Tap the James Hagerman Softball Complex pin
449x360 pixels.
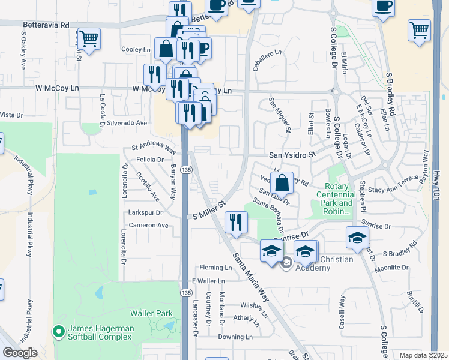click(x=58, y=331)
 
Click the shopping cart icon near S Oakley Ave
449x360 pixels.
click(x=89, y=39)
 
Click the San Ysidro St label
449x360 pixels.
click(x=292, y=155)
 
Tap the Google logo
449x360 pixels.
click(x=20, y=353)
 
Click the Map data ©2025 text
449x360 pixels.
click(x=423, y=355)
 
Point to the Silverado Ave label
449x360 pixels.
click(x=127, y=122)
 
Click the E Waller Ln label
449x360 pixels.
click(x=208, y=281)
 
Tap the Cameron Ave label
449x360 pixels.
click(x=148, y=226)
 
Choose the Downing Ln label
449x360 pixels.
click(x=233, y=337)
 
